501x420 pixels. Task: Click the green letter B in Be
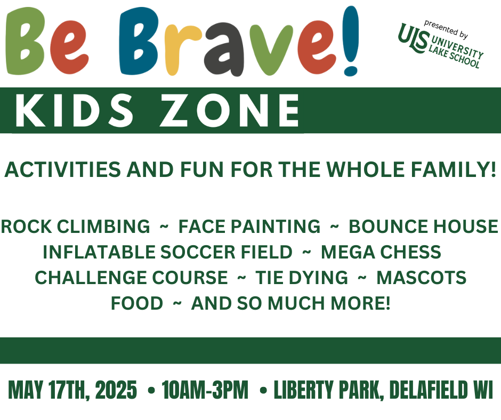tap(25, 42)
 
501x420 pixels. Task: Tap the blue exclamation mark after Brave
tap(351, 41)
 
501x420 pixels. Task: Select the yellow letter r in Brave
tap(182, 50)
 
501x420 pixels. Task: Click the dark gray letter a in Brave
tap(224, 51)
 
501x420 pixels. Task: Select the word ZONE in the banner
tap(229, 110)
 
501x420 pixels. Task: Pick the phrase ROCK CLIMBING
tap(75, 227)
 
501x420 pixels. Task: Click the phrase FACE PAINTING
tap(249, 227)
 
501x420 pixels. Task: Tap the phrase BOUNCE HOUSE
tap(423, 227)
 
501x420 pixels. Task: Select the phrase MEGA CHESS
tap(381, 252)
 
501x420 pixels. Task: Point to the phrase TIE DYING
tap(302, 278)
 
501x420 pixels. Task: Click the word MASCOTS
tap(422, 278)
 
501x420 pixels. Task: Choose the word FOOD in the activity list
tap(137, 303)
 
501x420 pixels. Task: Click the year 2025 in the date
tap(116, 390)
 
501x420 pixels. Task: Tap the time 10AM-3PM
tap(205, 390)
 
